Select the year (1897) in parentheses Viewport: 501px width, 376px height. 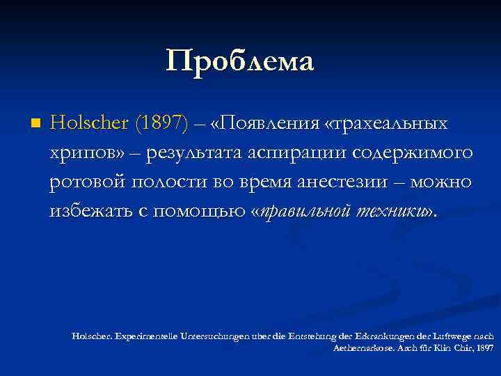162,123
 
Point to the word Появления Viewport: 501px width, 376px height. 267,123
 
